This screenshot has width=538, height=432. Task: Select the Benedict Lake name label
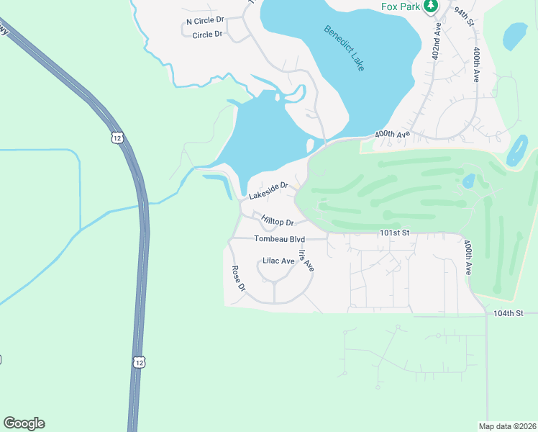[x=344, y=48]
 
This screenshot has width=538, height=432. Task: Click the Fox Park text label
[x=401, y=6]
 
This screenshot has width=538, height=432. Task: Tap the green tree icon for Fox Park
[x=431, y=6]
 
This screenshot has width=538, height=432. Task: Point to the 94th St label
[x=465, y=14]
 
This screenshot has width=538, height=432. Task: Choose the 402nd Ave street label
[x=437, y=44]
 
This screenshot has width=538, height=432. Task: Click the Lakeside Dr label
[x=268, y=190]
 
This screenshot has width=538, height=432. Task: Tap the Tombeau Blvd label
[x=280, y=238]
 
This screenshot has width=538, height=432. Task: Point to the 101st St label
[x=394, y=233]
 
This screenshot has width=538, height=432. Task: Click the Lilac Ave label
[x=278, y=261]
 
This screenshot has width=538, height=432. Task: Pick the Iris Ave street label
[x=306, y=260]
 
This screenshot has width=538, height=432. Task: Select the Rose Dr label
[x=239, y=278]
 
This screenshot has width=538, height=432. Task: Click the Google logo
[x=24, y=423]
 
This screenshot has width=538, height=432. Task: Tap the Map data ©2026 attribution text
[x=507, y=426]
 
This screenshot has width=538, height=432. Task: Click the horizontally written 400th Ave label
[x=392, y=135]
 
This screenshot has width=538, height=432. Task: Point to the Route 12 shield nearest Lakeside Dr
[x=117, y=138]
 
